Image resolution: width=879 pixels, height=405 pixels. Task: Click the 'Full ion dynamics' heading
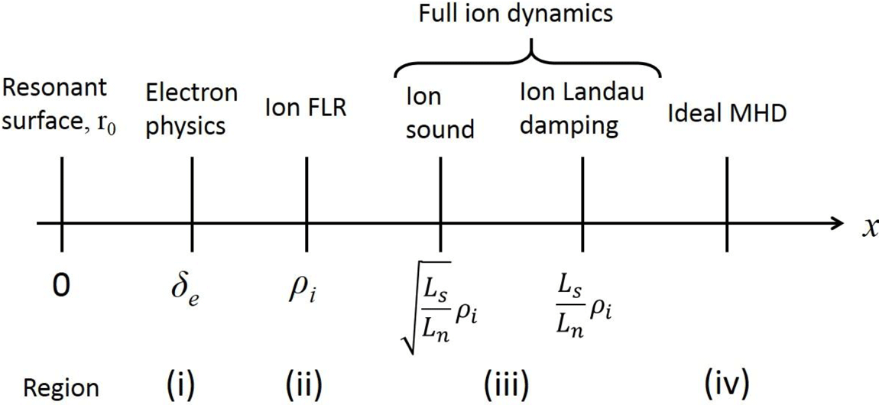tap(528, 15)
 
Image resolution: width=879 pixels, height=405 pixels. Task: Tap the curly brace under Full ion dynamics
tap(528, 61)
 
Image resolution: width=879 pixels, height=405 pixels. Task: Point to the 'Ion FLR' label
tap(307, 107)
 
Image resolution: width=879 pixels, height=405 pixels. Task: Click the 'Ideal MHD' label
tap(727, 115)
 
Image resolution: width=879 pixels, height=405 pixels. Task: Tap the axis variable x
tap(868, 227)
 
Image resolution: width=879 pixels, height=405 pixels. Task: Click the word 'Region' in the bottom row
tap(49, 387)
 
